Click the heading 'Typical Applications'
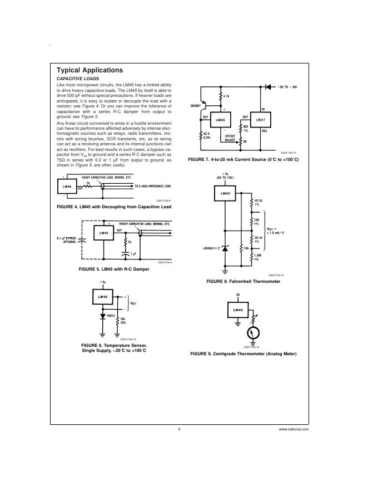(x=89, y=70)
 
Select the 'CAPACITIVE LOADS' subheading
(x=78, y=79)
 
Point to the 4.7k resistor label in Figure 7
(x=226, y=97)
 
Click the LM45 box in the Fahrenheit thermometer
(x=225, y=194)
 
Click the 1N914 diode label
(x=111, y=315)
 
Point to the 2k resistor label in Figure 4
(x=87, y=182)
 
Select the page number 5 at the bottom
(x=180, y=430)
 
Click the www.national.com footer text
(x=294, y=430)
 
